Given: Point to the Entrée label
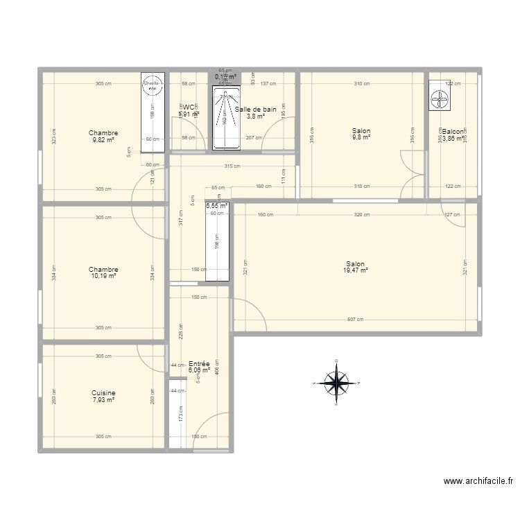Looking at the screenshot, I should (199, 363).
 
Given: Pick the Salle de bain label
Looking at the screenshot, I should (256, 110).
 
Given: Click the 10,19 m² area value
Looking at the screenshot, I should (103, 276).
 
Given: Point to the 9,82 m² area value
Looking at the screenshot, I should (103, 139).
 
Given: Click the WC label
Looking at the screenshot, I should (188, 107).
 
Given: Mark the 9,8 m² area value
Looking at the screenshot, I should (361, 137).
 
